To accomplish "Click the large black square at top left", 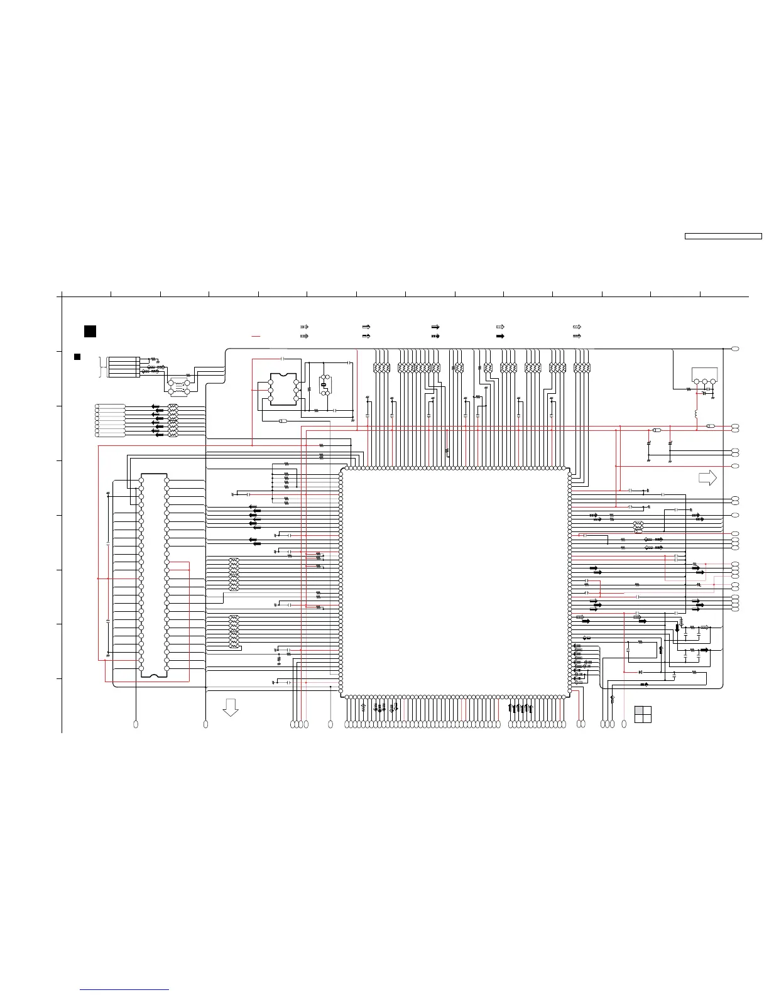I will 90,331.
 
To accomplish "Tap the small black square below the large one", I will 77,357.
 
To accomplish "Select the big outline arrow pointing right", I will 707,477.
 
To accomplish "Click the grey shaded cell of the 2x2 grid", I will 638,710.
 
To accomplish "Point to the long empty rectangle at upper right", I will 723,236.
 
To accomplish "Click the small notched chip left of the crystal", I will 283,389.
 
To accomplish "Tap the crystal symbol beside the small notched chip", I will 325,384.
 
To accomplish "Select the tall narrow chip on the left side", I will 154,575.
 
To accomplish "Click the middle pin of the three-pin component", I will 704,381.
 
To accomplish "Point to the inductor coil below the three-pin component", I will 696,415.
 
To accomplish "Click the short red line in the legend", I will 256,337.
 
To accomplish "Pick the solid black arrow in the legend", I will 500,336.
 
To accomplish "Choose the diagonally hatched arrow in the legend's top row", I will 577,327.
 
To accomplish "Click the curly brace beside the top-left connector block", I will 101,366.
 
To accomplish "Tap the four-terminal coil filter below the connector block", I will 178,386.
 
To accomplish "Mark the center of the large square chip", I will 455,582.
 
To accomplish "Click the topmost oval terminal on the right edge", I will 735,348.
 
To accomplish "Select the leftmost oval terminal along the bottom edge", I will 136,725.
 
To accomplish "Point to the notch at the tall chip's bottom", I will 154,676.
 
